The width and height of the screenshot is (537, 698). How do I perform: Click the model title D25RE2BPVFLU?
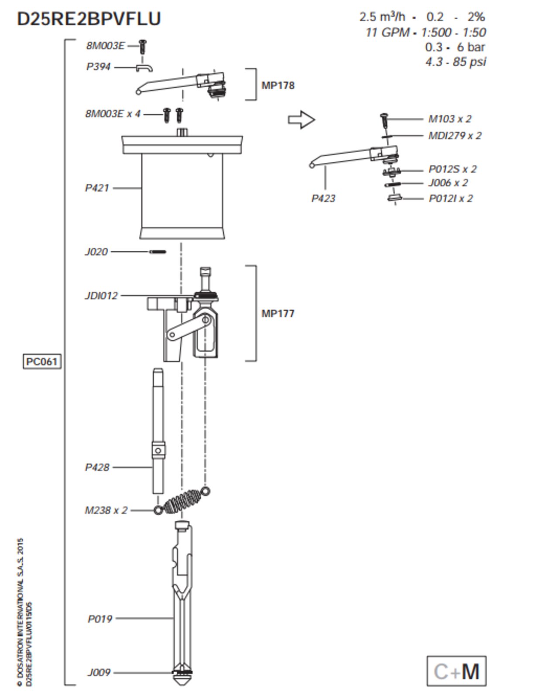(x=89, y=19)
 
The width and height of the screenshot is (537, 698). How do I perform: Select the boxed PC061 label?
(x=42, y=362)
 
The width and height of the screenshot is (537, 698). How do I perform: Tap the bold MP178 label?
(x=278, y=86)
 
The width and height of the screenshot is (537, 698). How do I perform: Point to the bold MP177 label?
(x=278, y=313)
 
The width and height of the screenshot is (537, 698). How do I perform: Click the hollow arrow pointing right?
(x=301, y=120)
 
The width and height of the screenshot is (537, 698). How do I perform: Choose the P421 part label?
(x=96, y=188)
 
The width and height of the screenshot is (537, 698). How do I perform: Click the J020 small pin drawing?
(x=157, y=252)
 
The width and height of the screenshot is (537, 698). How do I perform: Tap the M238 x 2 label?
(x=106, y=510)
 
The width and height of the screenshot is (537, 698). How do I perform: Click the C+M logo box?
(x=456, y=671)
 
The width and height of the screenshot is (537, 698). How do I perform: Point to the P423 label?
(x=323, y=198)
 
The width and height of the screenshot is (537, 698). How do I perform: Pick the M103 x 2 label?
(x=450, y=119)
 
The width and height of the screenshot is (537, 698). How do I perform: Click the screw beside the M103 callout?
(x=384, y=119)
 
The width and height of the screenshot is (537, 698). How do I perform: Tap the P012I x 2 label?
(x=451, y=198)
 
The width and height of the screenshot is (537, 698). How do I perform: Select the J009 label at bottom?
(x=99, y=673)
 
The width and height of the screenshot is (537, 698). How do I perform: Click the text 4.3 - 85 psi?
(x=455, y=62)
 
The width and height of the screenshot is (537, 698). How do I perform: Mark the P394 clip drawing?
(x=144, y=68)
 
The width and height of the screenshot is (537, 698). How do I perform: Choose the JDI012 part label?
(x=101, y=296)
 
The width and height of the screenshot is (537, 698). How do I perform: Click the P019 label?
(x=100, y=619)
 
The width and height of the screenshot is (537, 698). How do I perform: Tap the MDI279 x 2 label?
(x=455, y=136)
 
